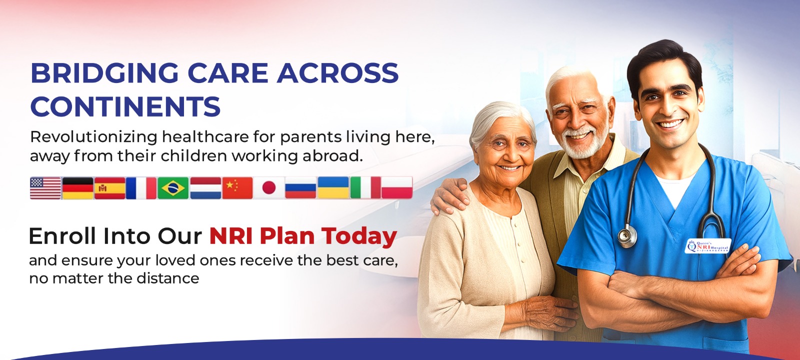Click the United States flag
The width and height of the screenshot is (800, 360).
pyautogui.click(x=45, y=188)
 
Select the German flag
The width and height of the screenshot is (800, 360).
pyautogui.click(x=77, y=188)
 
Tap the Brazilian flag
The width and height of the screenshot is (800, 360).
pyautogui.click(x=173, y=188)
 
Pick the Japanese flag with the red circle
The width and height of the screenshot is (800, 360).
pyautogui.click(x=269, y=188)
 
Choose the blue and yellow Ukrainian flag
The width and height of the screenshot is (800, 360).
pyautogui.click(x=333, y=188)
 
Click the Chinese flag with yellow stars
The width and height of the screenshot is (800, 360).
pyautogui.click(x=237, y=188)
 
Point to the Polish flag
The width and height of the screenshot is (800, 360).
pyautogui.click(x=397, y=188)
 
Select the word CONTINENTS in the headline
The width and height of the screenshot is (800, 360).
pyautogui.click(x=125, y=106)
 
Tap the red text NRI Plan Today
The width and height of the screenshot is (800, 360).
pyautogui.click(x=303, y=236)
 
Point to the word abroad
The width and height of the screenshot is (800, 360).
pyautogui.click(x=331, y=156)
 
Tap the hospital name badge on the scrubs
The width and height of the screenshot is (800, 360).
pyautogui.click(x=707, y=246)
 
